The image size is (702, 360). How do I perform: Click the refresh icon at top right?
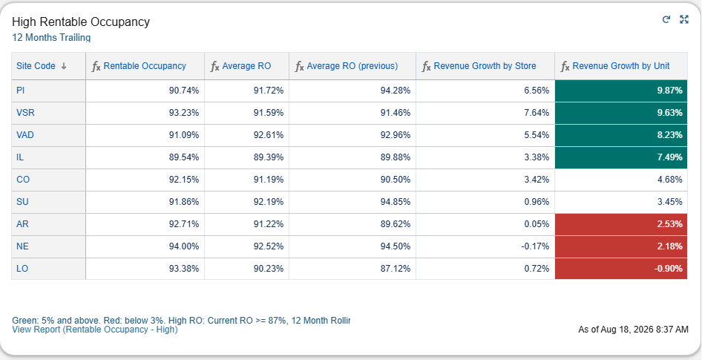[x=666, y=19]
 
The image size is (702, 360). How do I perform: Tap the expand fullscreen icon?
[x=684, y=19]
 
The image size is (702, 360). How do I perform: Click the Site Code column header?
[x=36, y=66]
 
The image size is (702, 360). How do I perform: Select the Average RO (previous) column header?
[x=352, y=66]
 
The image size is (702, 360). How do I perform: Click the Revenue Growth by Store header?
[x=485, y=66]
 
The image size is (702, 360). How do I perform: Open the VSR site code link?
[x=25, y=113]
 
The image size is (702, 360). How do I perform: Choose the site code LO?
[x=22, y=269]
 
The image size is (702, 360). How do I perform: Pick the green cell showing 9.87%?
[x=621, y=91]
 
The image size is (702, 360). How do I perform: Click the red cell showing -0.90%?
[x=621, y=269]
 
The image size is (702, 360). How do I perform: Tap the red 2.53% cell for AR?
[x=621, y=224]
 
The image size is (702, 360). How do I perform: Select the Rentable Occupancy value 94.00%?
[x=184, y=246]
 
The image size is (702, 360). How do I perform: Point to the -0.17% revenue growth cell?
[x=535, y=246]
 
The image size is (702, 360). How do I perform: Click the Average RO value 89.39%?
[x=269, y=157]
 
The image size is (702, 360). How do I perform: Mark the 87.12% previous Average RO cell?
[x=396, y=269]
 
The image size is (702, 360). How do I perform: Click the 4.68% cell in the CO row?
[x=670, y=180]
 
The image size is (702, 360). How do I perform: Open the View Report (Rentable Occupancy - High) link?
[x=95, y=330]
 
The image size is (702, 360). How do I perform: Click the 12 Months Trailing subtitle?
[x=51, y=38]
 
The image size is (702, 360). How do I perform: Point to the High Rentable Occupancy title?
[x=81, y=22]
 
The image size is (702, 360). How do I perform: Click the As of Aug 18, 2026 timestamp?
[x=634, y=330]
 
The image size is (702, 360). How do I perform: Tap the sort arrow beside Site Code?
[x=64, y=66]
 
